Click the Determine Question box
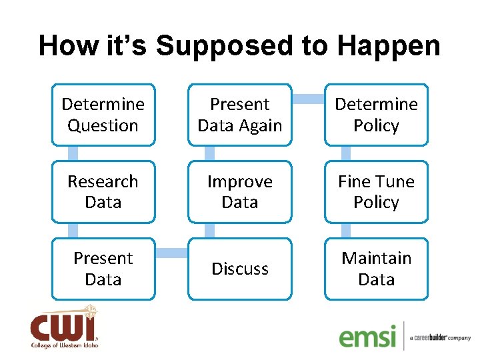(x=103, y=115)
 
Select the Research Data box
(x=103, y=191)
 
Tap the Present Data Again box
(x=240, y=115)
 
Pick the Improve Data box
(x=240, y=191)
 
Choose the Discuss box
(x=240, y=269)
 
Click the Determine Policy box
(x=376, y=115)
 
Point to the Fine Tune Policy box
(x=376, y=191)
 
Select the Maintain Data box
(x=376, y=269)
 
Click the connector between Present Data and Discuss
(x=171, y=253)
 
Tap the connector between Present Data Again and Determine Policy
(x=308, y=99)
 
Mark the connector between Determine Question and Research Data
(x=59, y=153)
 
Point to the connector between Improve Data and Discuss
(x=209, y=230)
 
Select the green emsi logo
(x=367, y=336)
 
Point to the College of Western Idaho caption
(x=64, y=345)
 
